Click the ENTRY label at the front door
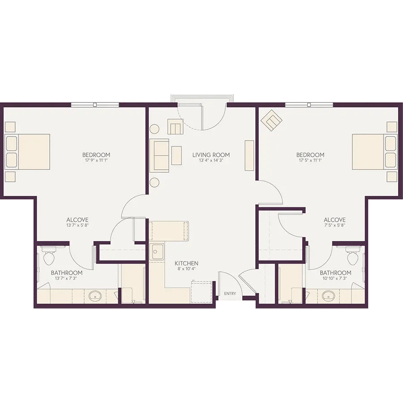230,293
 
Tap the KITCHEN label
186,263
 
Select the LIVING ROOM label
211,155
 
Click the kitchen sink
157,252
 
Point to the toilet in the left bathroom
48,256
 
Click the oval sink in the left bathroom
95,296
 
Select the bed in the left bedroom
27,152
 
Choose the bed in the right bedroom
375,152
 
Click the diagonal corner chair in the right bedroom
271,120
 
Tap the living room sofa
159,155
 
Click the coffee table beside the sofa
176,155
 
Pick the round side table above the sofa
155,129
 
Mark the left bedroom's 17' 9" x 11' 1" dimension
96,160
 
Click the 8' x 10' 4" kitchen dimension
186,269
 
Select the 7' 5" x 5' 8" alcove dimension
334,225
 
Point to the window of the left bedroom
95,105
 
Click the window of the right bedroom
309,105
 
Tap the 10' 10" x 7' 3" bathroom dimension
335,278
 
